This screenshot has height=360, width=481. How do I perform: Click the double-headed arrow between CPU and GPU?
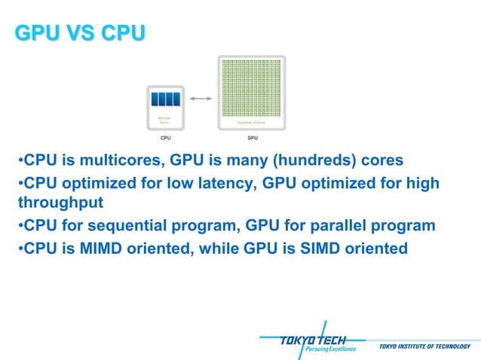[x=200, y=99]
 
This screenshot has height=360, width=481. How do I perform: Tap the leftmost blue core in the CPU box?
[x=155, y=99]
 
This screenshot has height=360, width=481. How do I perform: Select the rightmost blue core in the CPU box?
[x=176, y=99]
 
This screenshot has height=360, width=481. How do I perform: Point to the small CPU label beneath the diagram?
[x=165, y=139]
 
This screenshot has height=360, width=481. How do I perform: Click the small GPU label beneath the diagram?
[x=252, y=139]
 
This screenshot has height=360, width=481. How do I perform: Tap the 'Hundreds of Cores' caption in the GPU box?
[x=252, y=122]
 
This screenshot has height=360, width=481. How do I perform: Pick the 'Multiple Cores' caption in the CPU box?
[x=164, y=120]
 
